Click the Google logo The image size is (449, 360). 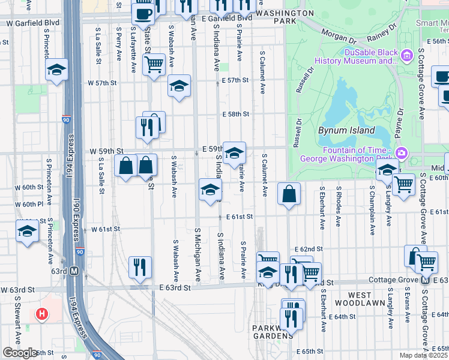pos(20,353)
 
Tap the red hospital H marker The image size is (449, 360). pos(41,314)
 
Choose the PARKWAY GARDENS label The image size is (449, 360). pos(271,332)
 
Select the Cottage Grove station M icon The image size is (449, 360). pos(425,280)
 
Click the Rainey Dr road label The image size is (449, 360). pos(384,31)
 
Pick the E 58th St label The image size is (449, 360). pos(235,113)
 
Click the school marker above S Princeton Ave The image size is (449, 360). pos(56,71)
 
